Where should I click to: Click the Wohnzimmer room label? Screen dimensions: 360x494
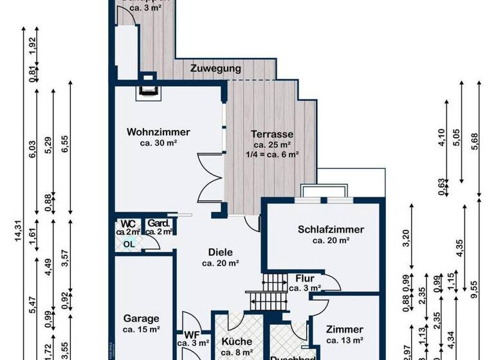pyautogui.click(x=158, y=132)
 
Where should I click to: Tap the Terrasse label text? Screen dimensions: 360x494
pyautogui.click(x=272, y=134)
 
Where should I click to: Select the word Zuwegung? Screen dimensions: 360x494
pyautogui.click(x=216, y=68)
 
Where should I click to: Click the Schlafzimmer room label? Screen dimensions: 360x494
pyautogui.click(x=331, y=230)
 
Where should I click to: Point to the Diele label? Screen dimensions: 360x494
pyautogui.click(x=220, y=253)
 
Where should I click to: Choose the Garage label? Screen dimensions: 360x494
pyautogui.click(x=141, y=318)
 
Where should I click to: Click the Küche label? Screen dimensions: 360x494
pyautogui.click(x=236, y=341)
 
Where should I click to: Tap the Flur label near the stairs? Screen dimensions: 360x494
pyautogui.click(x=305, y=278)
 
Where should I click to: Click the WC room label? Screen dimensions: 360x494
pyautogui.click(x=128, y=223)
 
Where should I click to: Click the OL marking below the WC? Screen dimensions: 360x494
pyautogui.click(x=129, y=244)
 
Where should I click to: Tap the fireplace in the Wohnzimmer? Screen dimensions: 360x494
pyautogui.click(x=149, y=85)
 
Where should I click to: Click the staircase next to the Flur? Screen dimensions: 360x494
pyautogui.click(x=274, y=282)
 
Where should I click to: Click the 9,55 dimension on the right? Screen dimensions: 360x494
pyautogui.click(x=475, y=283)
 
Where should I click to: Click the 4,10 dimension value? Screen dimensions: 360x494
pyautogui.click(x=442, y=138)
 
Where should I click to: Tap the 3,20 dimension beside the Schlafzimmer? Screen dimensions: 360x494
pyautogui.click(x=406, y=238)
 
